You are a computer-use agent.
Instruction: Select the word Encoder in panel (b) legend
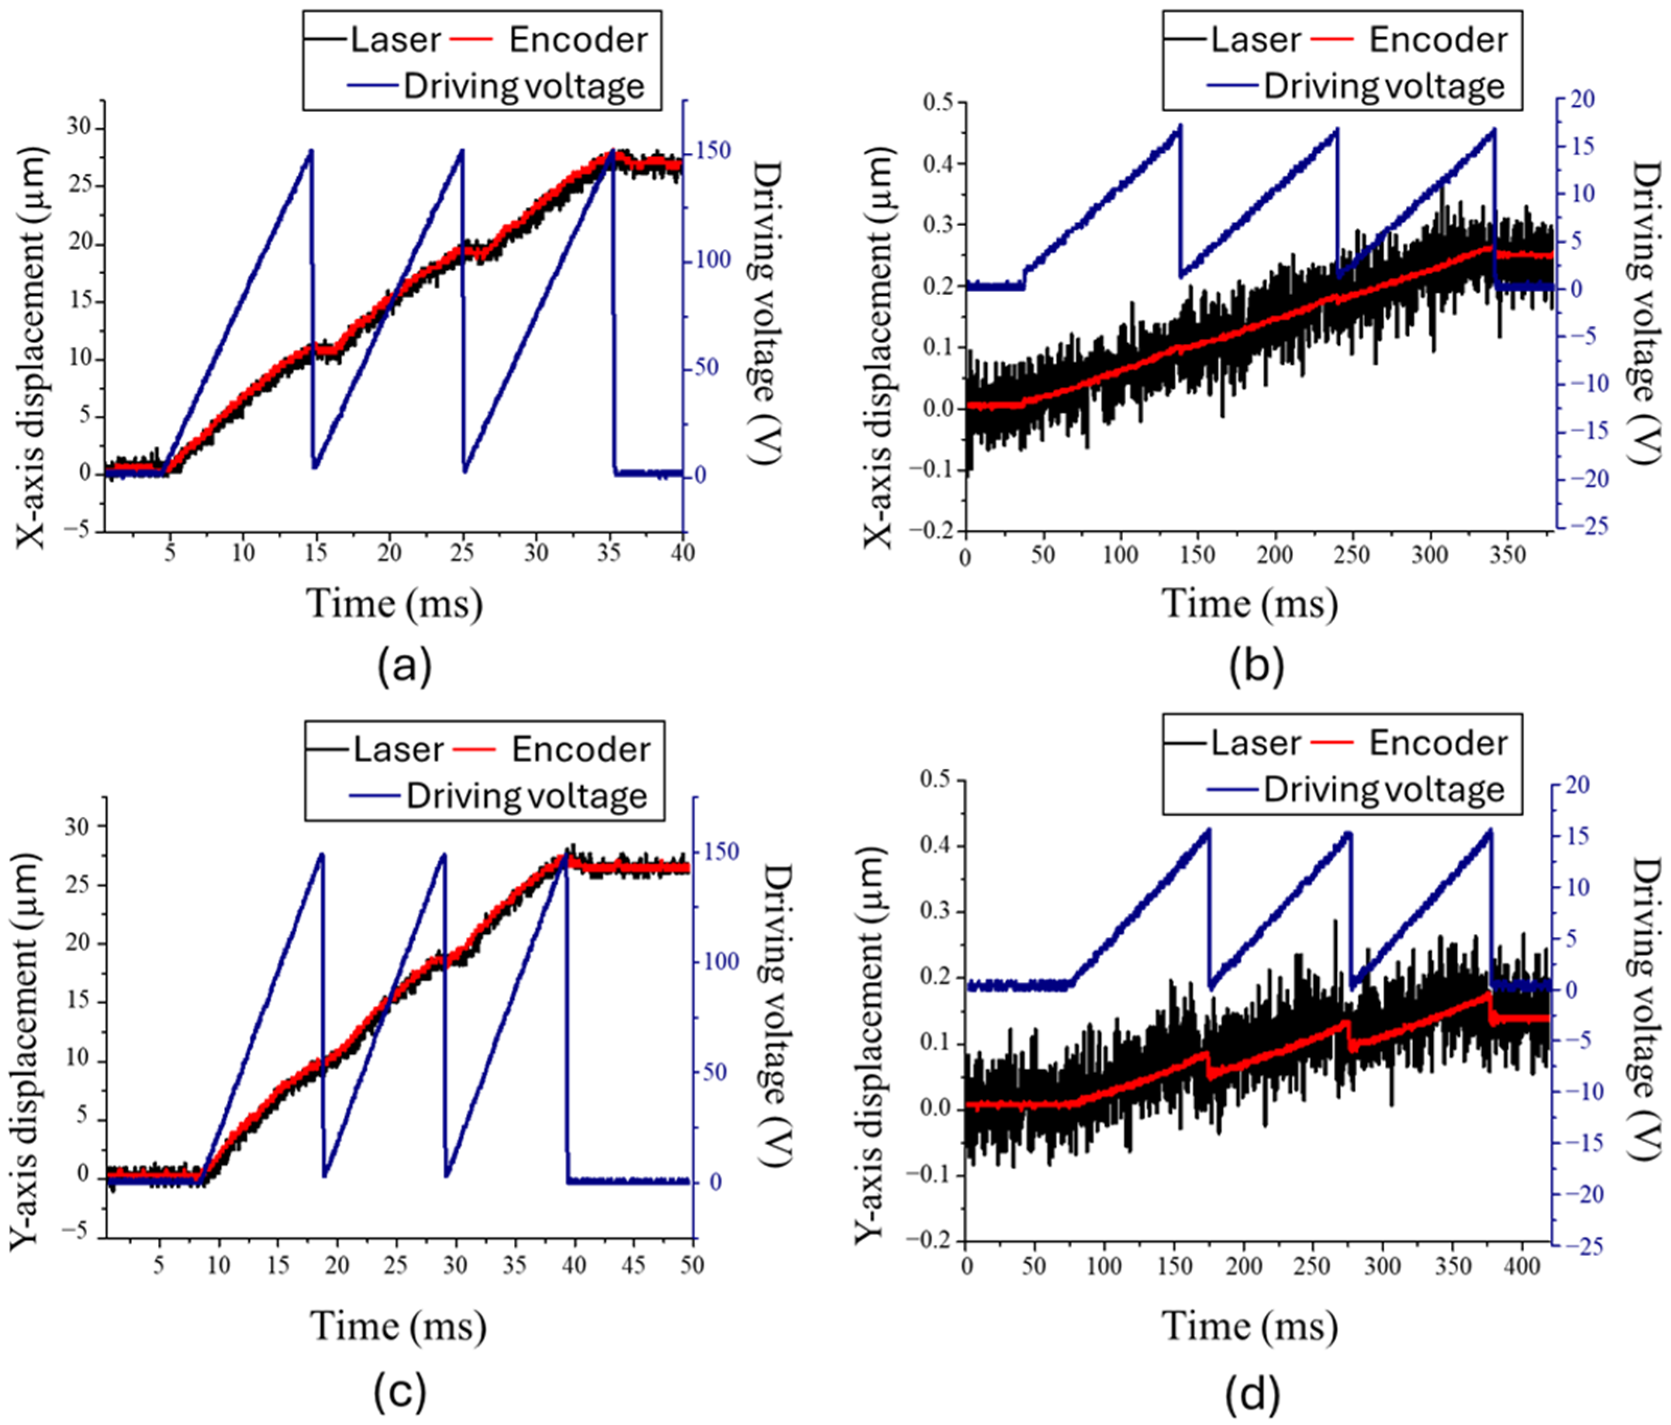tap(1438, 40)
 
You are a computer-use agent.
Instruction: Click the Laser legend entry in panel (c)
tap(398, 749)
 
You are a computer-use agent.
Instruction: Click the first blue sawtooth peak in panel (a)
tap(311, 151)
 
